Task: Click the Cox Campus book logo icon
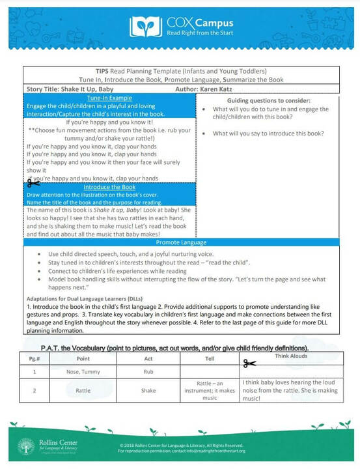[x=146, y=25]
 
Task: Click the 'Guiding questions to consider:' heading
[x=269, y=100]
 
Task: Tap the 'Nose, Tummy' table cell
[x=82, y=371]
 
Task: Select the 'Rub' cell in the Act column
[x=149, y=371]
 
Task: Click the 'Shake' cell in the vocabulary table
[x=149, y=391]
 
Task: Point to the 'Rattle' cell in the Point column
[x=82, y=391]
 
